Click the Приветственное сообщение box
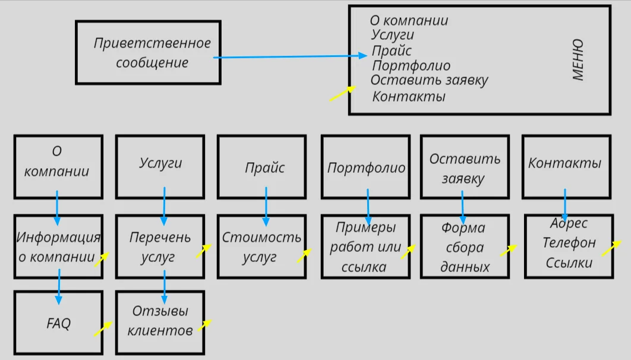[x=148, y=53]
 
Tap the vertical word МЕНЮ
[x=578, y=60]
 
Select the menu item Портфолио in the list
[x=411, y=66]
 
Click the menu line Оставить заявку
[x=429, y=80]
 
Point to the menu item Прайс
[x=392, y=51]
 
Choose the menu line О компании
[x=409, y=21]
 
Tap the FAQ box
[x=58, y=323]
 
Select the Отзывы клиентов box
[x=160, y=321]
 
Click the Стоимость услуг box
[x=261, y=247]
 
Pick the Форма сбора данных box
[x=464, y=247]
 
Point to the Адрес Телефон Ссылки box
[x=569, y=244]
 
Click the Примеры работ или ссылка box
[x=365, y=247]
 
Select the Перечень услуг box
[x=160, y=247]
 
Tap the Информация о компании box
[x=58, y=247]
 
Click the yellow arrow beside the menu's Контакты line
[x=342, y=93]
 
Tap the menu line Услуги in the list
[x=392, y=36]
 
